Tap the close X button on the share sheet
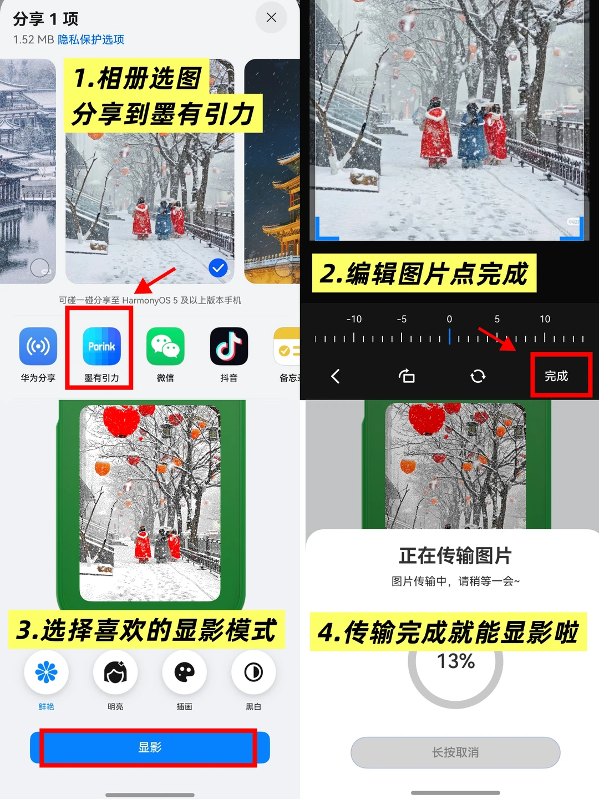tap(271, 17)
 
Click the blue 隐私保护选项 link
tap(91, 39)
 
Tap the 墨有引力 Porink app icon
tap(102, 346)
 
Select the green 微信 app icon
tap(165, 346)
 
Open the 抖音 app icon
tap(229, 346)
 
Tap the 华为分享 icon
tap(38, 346)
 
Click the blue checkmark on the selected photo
tap(218, 268)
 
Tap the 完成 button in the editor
tap(556, 376)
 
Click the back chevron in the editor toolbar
tap(336, 376)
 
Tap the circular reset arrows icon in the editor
tap(478, 376)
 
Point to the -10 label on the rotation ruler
tap(354, 319)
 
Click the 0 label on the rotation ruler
tap(449, 319)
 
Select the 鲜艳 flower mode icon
tap(46, 672)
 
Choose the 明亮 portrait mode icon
tap(115, 672)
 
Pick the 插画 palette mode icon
tap(184, 672)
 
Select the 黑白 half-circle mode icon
tap(253, 672)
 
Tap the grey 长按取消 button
tap(455, 752)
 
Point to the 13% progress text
tap(456, 661)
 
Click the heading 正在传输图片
tap(455, 556)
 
